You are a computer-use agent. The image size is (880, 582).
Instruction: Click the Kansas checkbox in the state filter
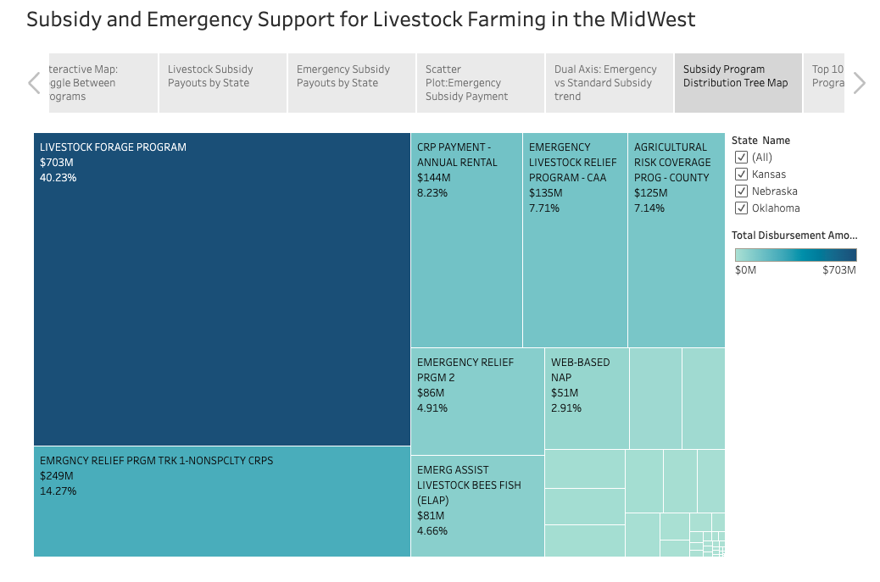tap(741, 175)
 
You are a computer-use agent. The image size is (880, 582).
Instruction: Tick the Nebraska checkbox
tap(741, 191)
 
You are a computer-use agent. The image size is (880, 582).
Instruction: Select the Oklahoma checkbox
tap(741, 208)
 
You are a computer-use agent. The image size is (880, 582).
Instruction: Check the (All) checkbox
tap(741, 158)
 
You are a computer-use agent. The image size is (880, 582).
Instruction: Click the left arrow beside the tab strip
tap(34, 83)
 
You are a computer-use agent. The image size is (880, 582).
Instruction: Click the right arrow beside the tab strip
tap(859, 83)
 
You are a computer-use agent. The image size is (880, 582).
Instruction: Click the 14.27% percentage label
tap(58, 491)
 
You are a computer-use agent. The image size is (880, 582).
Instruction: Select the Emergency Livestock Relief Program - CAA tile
tap(575, 254)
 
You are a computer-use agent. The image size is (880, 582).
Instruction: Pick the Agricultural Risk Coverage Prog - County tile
tap(677, 254)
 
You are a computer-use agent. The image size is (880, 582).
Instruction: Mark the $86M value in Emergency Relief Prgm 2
tap(431, 393)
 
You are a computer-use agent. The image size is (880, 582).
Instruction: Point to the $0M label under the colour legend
tap(745, 270)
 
